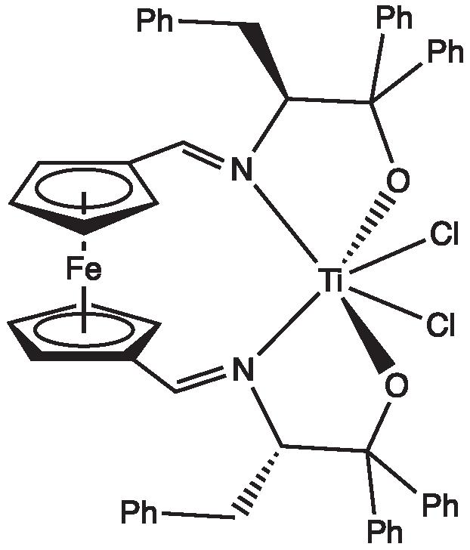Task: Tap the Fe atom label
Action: coord(83,270)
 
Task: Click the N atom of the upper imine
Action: coord(241,169)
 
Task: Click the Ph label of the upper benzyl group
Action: coord(155,21)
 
